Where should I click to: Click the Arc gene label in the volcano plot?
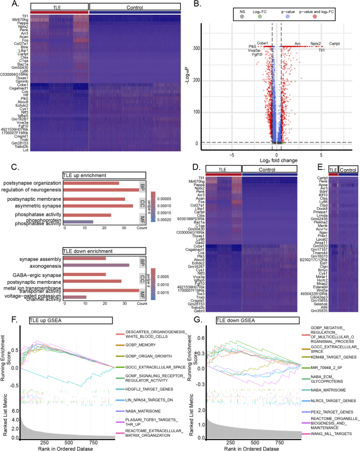pos(297,44)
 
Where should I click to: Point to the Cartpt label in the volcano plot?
pos(335,44)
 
